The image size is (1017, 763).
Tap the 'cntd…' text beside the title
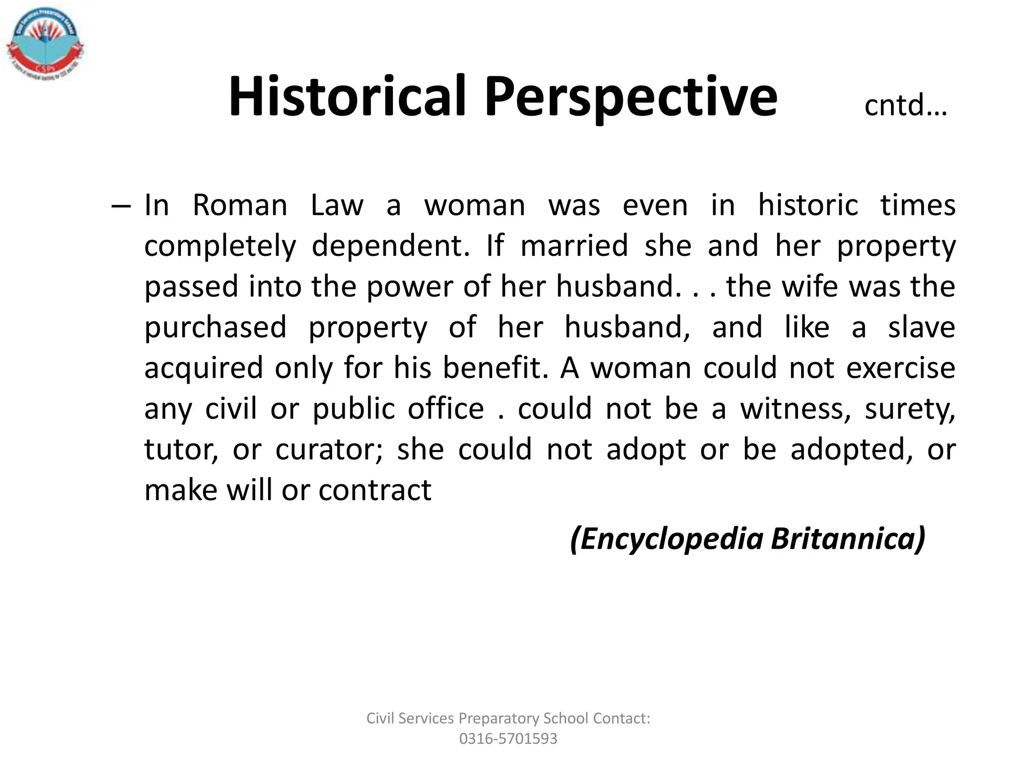pyautogui.click(x=905, y=106)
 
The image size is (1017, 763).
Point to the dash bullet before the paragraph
pyautogui.click(x=121, y=206)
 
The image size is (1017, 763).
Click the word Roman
pyautogui.click(x=240, y=205)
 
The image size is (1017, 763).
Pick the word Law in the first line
pyautogui.click(x=337, y=205)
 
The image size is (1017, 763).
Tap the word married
pyautogui.click(x=574, y=246)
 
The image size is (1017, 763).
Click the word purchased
pyautogui.click(x=216, y=328)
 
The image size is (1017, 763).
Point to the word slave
pyautogui.click(x=922, y=327)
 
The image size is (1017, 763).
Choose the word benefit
pyautogui.click(x=495, y=368)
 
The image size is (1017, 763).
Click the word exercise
pyautogui.click(x=900, y=368)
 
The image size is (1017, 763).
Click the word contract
pyautogui.click(x=375, y=490)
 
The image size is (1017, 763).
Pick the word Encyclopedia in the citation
pyautogui.click(x=667, y=539)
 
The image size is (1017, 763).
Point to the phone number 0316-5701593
pyautogui.click(x=508, y=739)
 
